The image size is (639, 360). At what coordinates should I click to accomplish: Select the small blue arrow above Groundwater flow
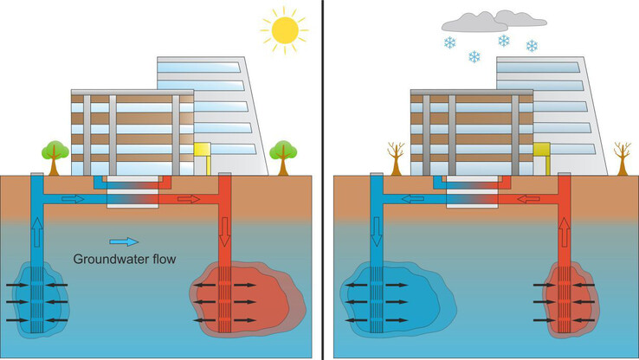124,242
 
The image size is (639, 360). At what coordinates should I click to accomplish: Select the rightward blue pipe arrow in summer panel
74,199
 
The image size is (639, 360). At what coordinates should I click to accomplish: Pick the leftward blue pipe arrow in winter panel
414,199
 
